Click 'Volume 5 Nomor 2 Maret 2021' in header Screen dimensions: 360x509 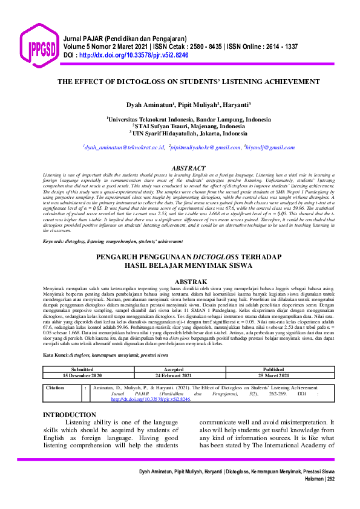(x=102, y=46)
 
